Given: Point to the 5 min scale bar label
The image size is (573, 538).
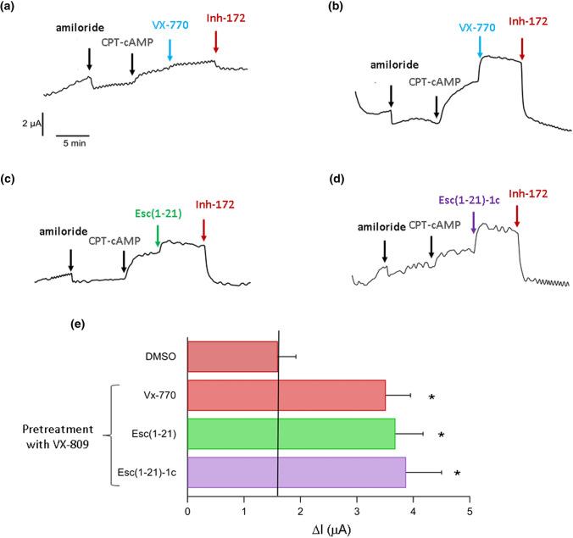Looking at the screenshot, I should pos(72,141).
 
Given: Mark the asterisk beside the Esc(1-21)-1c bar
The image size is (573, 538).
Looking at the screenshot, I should pos(458,474).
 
